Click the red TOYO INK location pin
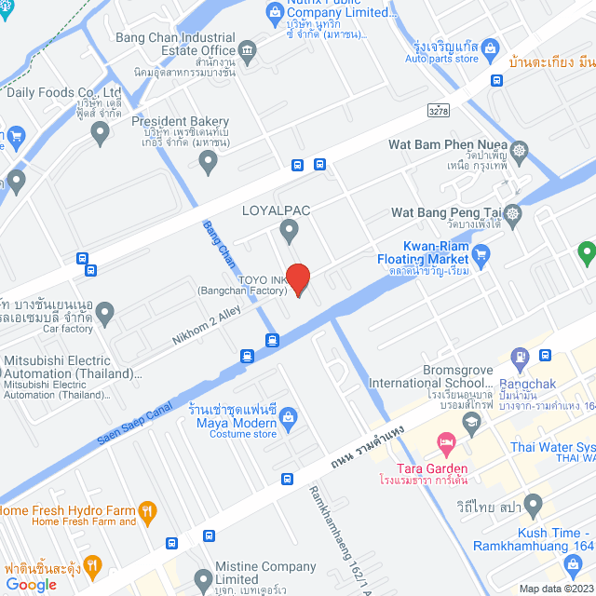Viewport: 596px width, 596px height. [x=297, y=278]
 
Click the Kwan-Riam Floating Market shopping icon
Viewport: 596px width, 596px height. [x=481, y=251]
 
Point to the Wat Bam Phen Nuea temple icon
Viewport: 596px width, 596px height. [x=519, y=149]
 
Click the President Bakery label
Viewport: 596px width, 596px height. [x=180, y=121]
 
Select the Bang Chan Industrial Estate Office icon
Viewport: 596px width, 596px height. [x=248, y=49]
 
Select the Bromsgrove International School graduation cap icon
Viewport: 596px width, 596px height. [x=472, y=421]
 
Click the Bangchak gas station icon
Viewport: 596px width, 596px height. [x=520, y=356]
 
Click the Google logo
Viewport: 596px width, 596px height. [x=31, y=584]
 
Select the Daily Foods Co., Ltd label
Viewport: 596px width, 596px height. [x=63, y=93]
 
